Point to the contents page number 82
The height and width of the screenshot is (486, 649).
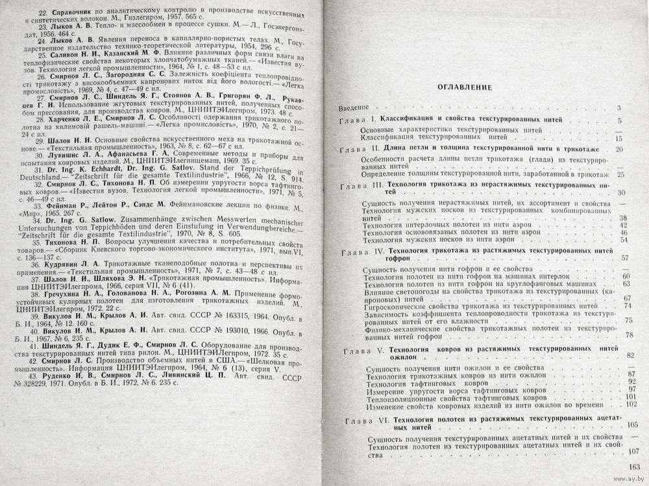pyautogui.click(x=630, y=355)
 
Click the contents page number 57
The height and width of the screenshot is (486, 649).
pyautogui.click(x=625, y=258)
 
